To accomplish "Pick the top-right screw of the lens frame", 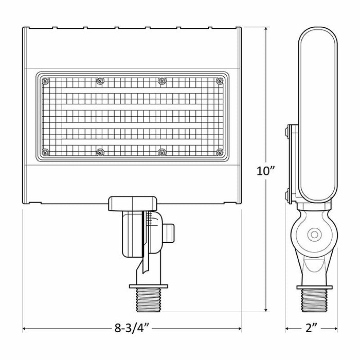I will [x=220, y=80].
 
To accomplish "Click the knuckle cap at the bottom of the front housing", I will [x=132, y=203].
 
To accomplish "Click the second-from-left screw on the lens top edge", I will [x=100, y=80].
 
